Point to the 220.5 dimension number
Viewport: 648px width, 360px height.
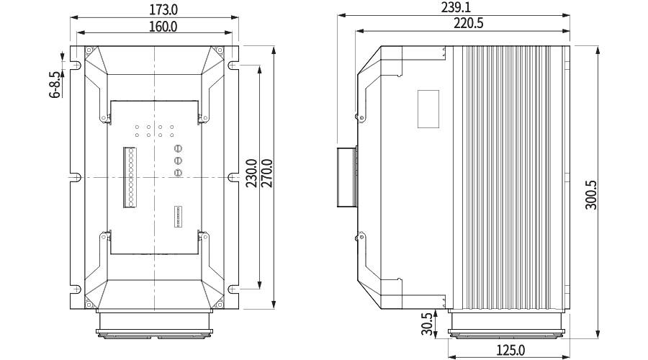tap(469, 24)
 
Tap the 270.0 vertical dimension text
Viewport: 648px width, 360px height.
tap(266, 174)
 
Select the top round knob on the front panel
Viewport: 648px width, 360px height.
tap(177, 148)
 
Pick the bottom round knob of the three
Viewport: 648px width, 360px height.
tap(177, 172)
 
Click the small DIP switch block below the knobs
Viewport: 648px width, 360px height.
tap(177, 217)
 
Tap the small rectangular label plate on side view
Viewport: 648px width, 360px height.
tap(428, 108)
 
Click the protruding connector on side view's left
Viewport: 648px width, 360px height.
tap(346, 176)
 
